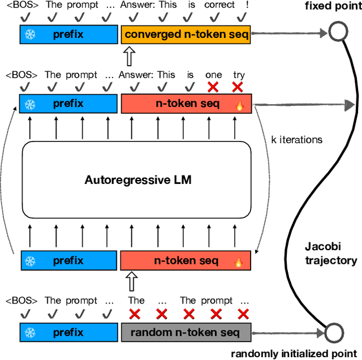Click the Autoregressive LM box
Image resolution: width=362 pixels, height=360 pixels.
pyautogui.click(x=137, y=180)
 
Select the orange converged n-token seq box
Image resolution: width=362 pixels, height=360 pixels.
pyautogui.click(x=186, y=35)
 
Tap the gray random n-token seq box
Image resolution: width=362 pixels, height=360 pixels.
pyautogui.click(x=186, y=332)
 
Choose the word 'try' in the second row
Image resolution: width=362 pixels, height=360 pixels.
pyautogui.click(x=239, y=75)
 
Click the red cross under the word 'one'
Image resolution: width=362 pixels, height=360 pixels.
pyautogui.click(x=213, y=87)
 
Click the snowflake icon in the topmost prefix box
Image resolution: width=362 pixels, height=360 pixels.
pyautogui.click(x=32, y=35)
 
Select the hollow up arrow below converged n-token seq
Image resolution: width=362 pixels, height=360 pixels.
pyautogui.click(x=129, y=57)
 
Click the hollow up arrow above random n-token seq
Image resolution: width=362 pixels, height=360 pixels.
pyautogui.click(x=129, y=281)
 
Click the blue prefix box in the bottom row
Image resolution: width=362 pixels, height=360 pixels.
pyautogui.click(x=68, y=332)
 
